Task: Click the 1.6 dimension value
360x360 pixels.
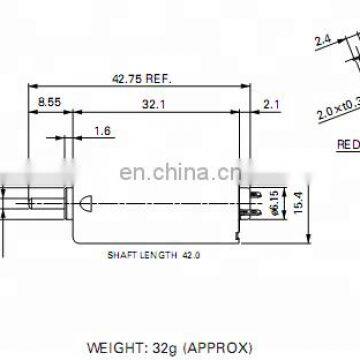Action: click(103, 131)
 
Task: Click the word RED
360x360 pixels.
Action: click(347, 143)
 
